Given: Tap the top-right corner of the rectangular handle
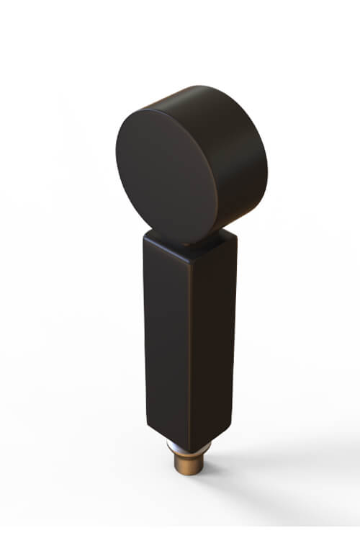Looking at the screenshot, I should point(236,233).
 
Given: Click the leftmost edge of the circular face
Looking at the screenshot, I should point(116,155).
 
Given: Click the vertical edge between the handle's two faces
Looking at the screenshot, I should point(191,346).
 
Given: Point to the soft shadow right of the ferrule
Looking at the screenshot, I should point(238,468).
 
